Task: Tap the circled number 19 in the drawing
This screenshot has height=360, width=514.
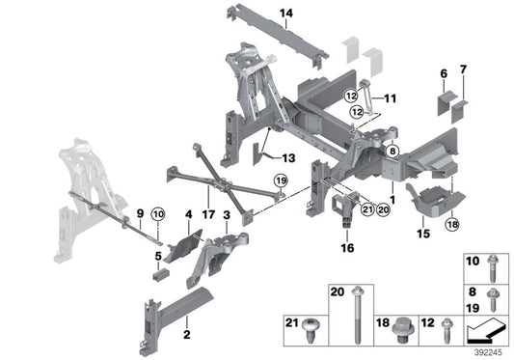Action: pyautogui.click(x=280, y=180)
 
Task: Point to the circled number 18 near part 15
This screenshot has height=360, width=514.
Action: pyautogui.click(x=451, y=225)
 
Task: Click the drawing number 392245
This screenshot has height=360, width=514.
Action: pyautogui.click(x=485, y=351)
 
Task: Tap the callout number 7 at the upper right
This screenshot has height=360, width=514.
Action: pyautogui.click(x=462, y=70)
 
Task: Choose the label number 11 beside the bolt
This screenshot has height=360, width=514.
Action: pyautogui.click(x=391, y=98)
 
